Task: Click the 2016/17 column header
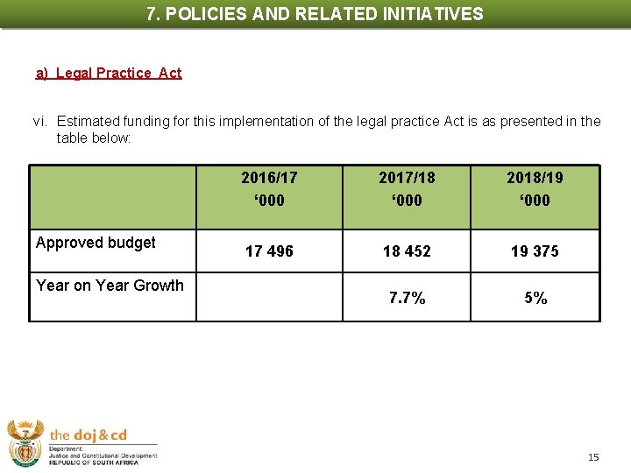[269, 188]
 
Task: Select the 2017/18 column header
[407, 188]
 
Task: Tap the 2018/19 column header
[535, 188]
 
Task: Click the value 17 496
[269, 251]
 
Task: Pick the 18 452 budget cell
[407, 251]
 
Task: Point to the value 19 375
[535, 251]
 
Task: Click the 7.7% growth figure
[407, 299]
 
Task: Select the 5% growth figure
[535, 299]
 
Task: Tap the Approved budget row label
[96, 243]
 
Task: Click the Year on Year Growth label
[110, 285]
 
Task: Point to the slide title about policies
[315, 14]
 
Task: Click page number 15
[593, 457]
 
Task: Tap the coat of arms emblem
[25, 442]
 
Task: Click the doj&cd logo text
[89, 435]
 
